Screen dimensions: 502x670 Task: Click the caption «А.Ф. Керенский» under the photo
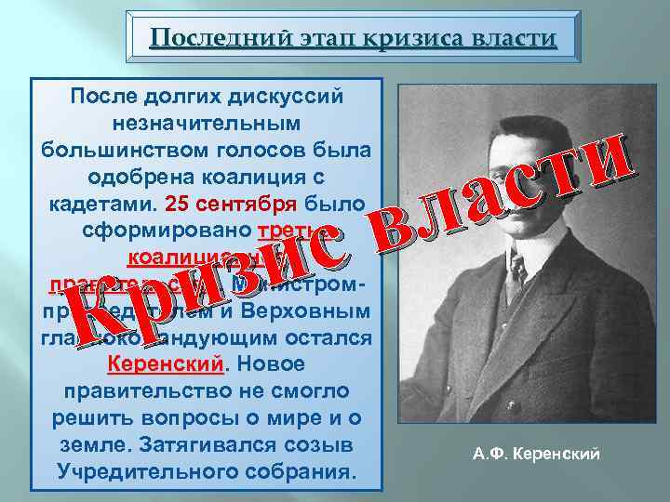point(536,455)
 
